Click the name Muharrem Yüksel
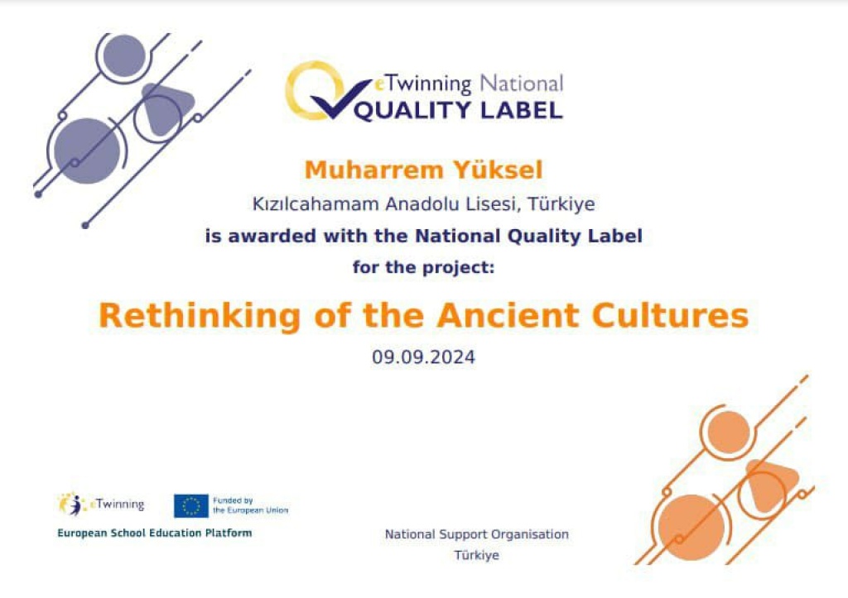pyautogui.click(x=423, y=170)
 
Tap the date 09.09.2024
pyautogui.click(x=423, y=357)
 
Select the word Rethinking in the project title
pyautogui.click(x=199, y=316)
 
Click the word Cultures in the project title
pyautogui.click(x=670, y=315)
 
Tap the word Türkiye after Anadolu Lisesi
pyautogui.click(x=561, y=203)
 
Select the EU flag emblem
pyautogui.click(x=191, y=506)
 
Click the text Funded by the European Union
pyautogui.click(x=250, y=505)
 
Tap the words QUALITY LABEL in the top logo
pyautogui.click(x=459, y=111)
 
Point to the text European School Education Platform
pyautogui.click(x=155, y=533)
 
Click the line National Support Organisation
pyautogui.click(x=476, y=534)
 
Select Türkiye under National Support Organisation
pyautogui.click(x=476, y=555)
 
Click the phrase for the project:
pyautogui.click(x=423, y=267)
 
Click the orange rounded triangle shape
pyautogui.click(x=772, y=485)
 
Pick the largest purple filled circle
pyautogui.click(x=87, y=151)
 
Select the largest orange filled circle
pyautogui.click(x=691, y=528)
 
